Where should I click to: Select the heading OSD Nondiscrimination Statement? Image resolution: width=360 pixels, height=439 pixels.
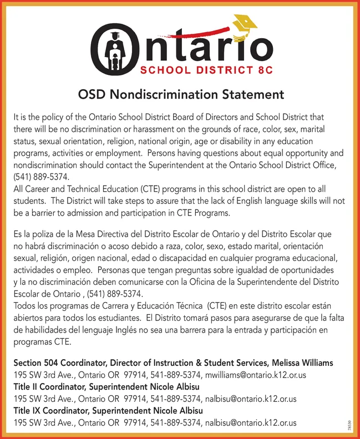click(x=180, y=95)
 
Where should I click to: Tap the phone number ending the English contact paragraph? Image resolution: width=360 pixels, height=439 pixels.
click(x=42, y=177)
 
